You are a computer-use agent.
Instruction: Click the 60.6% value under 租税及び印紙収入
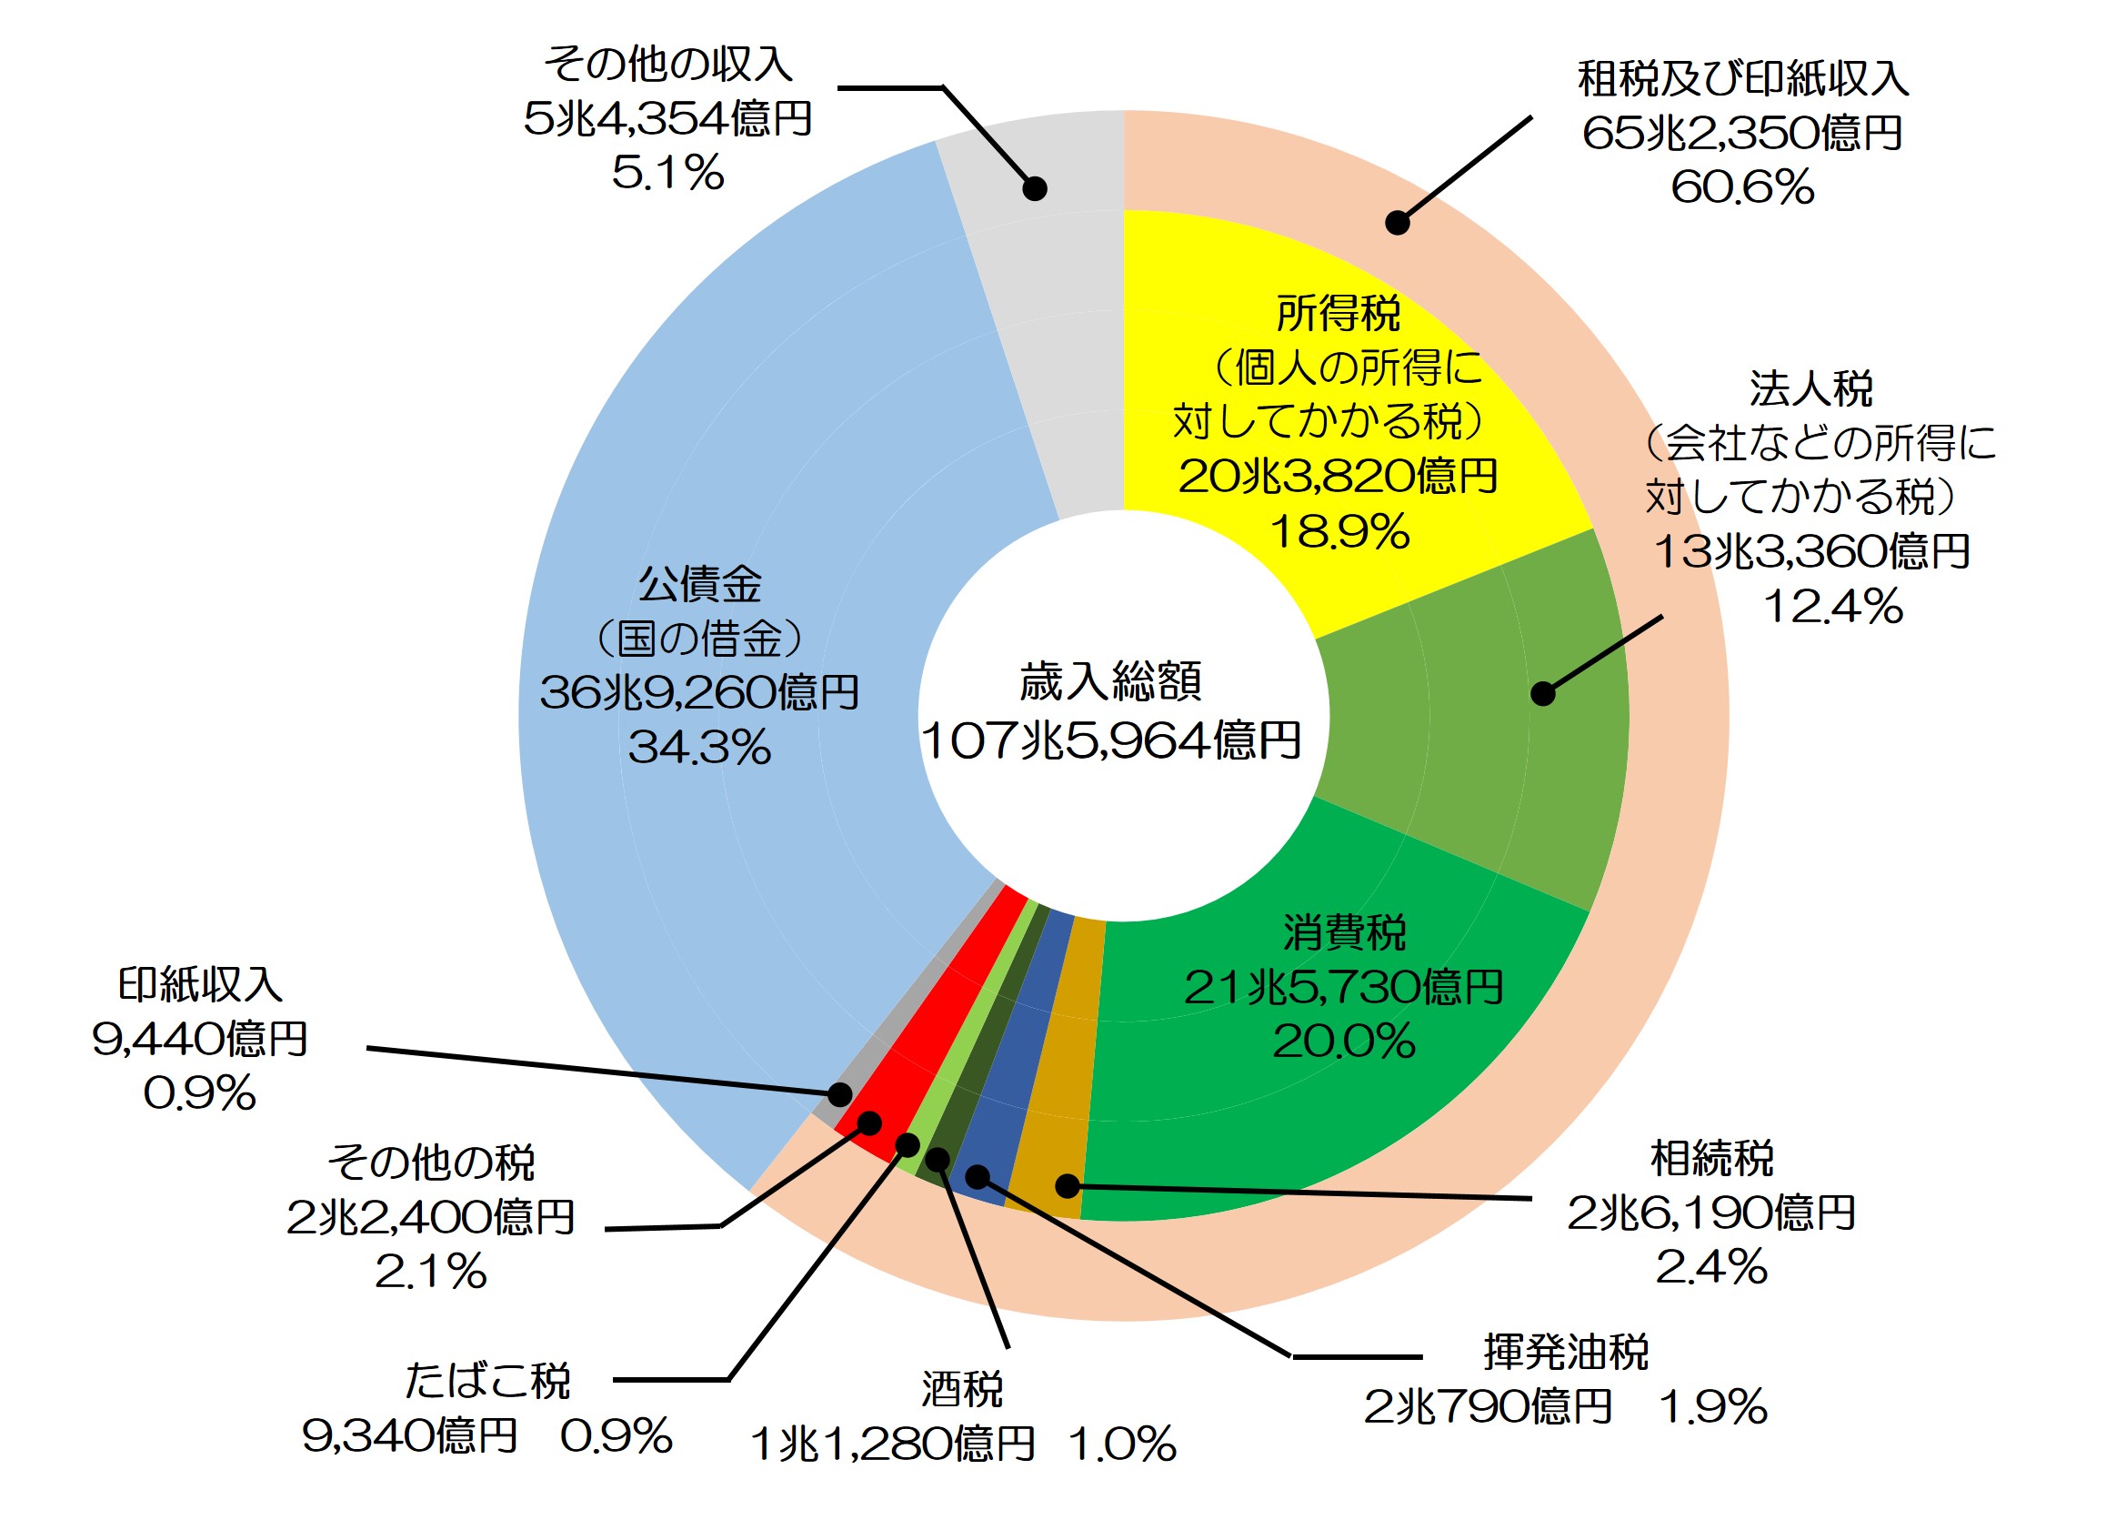pos(1741,187)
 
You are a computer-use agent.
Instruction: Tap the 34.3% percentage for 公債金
pos(699,748)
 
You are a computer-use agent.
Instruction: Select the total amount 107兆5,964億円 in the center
pos(1110,741)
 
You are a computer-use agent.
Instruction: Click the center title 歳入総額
pos(1110,682)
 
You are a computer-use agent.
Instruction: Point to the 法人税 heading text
pos(1810,389)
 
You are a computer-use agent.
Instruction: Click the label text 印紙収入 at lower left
pos(200,985)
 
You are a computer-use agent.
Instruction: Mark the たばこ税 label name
pos(487,1382)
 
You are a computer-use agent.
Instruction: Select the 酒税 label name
pos(962,1391)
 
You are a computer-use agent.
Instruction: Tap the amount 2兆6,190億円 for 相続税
pos(1711,1213)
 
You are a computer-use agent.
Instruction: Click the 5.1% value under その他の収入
pos(667,173)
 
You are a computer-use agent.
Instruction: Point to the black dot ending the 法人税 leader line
pos(1542,693)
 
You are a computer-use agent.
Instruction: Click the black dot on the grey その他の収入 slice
pos(1035,188)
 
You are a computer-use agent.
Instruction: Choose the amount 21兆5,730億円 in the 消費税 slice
pos(1344,988)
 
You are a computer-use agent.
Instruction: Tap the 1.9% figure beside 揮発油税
pos(1714,1407)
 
